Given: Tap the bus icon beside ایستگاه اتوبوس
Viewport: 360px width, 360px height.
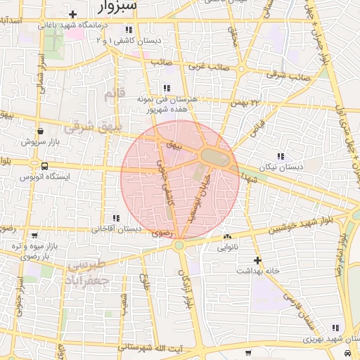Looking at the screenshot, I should coord(45,167).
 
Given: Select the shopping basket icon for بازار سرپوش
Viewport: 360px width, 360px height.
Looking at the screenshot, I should coord(40,131).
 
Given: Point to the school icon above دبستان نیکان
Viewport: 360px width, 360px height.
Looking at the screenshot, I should coord(281,156).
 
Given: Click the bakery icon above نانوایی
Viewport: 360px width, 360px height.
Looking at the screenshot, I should coord(227,237).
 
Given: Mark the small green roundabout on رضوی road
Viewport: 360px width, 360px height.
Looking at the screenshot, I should coord(179,245).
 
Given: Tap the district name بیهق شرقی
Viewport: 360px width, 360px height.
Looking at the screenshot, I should coord(93,127).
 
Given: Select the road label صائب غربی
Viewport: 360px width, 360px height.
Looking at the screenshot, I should coord(204,67).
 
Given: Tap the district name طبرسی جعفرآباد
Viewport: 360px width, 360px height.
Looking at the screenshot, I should coord(89,272).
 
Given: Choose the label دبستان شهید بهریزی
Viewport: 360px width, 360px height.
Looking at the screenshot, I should coord(309,338).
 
